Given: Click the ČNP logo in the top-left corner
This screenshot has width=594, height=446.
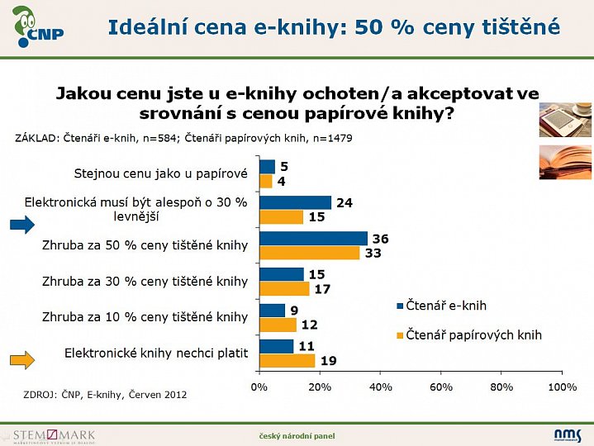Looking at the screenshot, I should pyautogui.click(x=38, y=26).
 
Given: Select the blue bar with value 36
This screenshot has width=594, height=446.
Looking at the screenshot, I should pyautogui.click(x=313, y=239).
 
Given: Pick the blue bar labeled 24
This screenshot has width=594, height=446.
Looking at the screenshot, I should pyautogui.click(x=295, y=202).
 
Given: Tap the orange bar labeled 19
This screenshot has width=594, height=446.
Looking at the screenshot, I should pyautogui.click(x=287, y=360).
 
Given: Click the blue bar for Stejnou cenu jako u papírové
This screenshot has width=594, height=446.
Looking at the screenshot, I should pyautogui.click(x=267, y=166).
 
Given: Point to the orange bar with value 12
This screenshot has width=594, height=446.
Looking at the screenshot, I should pyautogui.click(x=277, y=325).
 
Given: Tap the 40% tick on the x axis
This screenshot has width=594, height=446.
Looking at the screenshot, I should pyautogui.click(x=380, y=387).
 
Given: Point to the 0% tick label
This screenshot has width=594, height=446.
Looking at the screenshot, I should pyautogui.click(x=259, y=387).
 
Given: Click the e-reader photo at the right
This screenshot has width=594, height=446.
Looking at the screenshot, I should pyautogui.click(x=565, y=121).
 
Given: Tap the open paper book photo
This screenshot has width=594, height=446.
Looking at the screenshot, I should pyautogui.click(x=565, y=163).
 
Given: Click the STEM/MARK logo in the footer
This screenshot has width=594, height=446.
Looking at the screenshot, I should pyautogui.click(x=55, y=435).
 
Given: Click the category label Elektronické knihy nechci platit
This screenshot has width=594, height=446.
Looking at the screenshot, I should pyautogui.click(x=156, y=353).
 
